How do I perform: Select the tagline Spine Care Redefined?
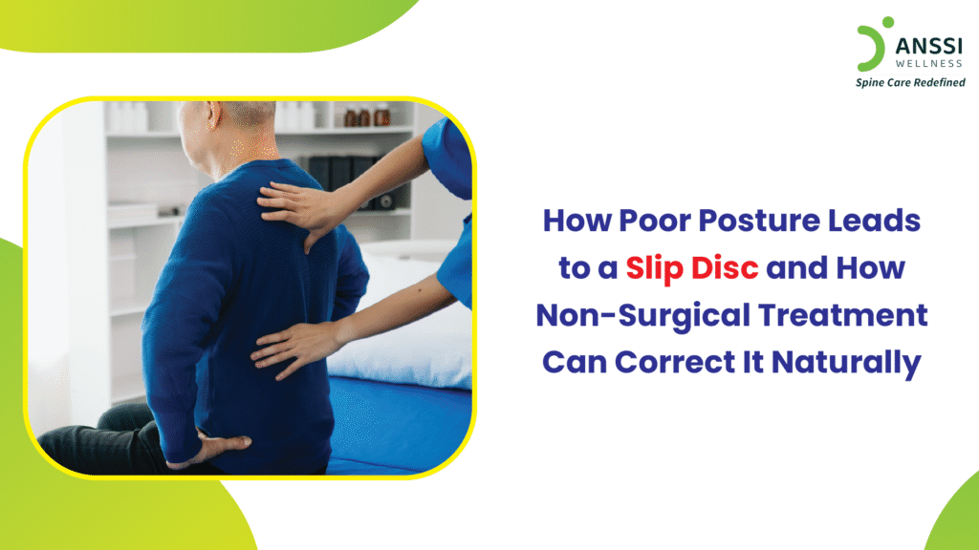(x=909, y=82)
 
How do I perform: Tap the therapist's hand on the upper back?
(x=293, y=204)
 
